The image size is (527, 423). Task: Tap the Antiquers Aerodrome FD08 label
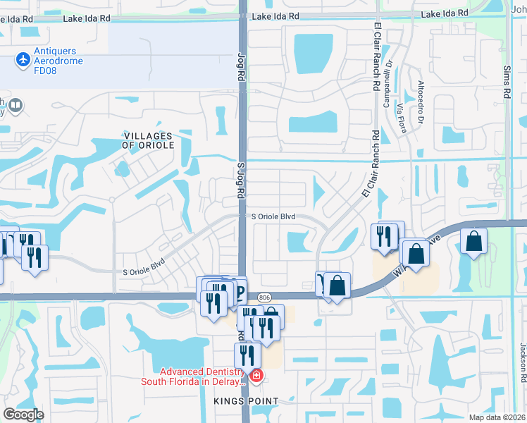click(x=56, y=61)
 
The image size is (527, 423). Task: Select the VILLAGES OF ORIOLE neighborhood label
click(x=147, y=140)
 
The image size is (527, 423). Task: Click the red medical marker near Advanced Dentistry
click(x=256, y=374)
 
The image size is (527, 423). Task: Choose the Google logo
click(x=23, y=415)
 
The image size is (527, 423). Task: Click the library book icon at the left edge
click(x=15, y=106)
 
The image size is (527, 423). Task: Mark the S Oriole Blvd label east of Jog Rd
click(x=273, y=216)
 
